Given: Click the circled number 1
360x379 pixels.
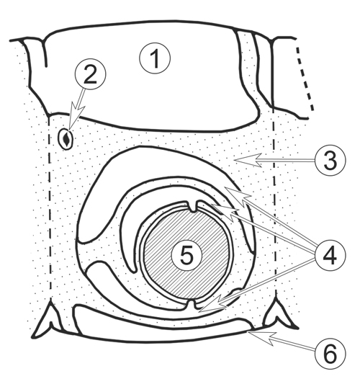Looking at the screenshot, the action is pyautogui.click(x=155, y=58).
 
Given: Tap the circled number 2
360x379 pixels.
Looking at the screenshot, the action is pyautogui.click(x=90, y=74).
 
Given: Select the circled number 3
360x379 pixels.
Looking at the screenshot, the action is pyautogui.click(x=330, y=160).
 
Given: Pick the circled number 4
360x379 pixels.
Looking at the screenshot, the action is pyautogui.click(x=330, y=256).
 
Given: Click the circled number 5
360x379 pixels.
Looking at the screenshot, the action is pyautogui.click(x=186, y=255).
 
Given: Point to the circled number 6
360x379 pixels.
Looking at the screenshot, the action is pyautogui.click(x=330, y=354).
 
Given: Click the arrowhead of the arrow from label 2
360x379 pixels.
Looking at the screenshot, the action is pyautogui.click(x=74, y=115).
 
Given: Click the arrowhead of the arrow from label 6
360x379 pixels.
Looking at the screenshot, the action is pyautogui.click(x=261, y=336).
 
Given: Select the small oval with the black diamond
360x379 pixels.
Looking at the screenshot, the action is pyautogui.click(x=66, y=139).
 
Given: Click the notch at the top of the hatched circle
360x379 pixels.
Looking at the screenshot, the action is pyautogui.click(x=193, y=205).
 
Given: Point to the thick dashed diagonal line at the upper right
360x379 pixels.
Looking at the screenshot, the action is pyautogui.click(x=305, y=79).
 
